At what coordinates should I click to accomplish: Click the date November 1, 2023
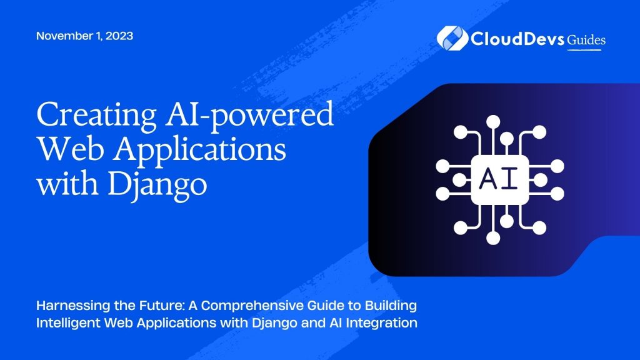click(84, 36)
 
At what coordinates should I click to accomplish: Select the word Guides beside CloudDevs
click(586, 40)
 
